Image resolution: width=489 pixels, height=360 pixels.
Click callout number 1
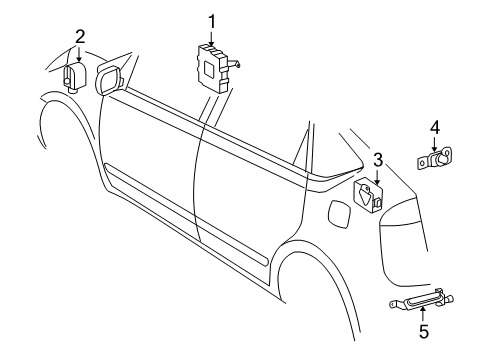point(212,19)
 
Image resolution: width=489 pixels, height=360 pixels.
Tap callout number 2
point(80,37)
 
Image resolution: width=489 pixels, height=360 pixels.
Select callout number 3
point(377,159)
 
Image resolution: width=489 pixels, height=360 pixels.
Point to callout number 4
point(435,127)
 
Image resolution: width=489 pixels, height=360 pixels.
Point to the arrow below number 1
point(212,36)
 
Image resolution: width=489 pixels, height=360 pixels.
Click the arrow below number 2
point(80,56)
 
